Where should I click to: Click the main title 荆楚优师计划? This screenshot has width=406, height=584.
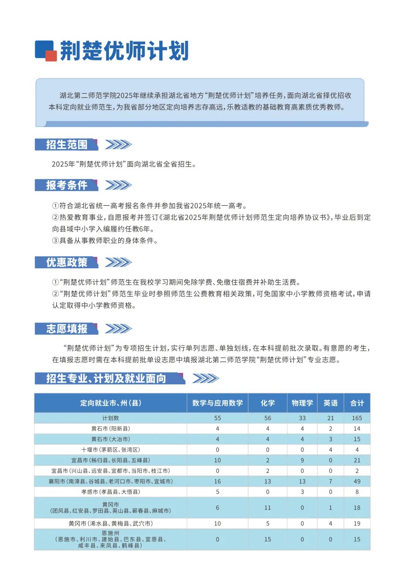pyautogui.click(x=124, y=51)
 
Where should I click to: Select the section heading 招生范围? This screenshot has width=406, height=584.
pyautogui.click(x=67, y=144)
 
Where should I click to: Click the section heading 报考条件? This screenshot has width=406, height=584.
pyautogui.click(x=67, y=185)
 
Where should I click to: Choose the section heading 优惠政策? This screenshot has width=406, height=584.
pyautogui.click(x=67, y=262)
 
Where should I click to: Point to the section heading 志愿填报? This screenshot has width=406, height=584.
pyautogui.click(x=67, y=329)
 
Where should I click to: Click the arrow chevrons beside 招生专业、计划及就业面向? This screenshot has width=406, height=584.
pyautogui.click(x=205, y=378)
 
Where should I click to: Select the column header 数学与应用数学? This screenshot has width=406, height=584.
pyautogui.click(x=217, y=403)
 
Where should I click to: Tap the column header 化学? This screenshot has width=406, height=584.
pyautogui.click(x=267, y=403)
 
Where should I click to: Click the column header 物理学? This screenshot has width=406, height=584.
pyautogui.click(x=302, y=403)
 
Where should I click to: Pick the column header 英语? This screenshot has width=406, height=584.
pyautogui.click(x=330, y=403)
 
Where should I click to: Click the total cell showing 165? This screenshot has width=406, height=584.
pyautogui.click(x=357, y=418)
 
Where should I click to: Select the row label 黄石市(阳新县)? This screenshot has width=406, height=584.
pyautogui.click(x=110, y=429)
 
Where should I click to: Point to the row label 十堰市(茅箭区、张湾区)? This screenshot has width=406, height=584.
pyautogui.click(x=110, y=450)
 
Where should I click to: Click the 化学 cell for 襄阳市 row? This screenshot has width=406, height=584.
pyautogui.click(x=267, y=481)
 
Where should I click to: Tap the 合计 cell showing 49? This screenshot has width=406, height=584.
pyautogui.click(x=357, y=481)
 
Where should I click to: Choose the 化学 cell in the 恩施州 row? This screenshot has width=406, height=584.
pyautogui.click(x=267, y=539)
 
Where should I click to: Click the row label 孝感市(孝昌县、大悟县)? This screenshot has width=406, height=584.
pyautogui.click(x=110, y=492)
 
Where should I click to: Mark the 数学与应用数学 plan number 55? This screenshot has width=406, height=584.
pyautogui.click(x=217, y=418)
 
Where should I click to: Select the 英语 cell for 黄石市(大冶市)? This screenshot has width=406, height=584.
pyautogui.click(x=330, y=439)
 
